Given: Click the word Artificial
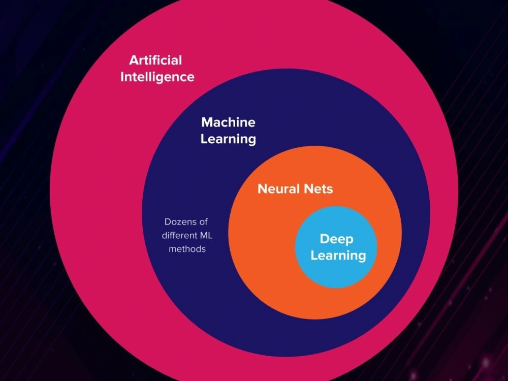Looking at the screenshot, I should coord(155,60).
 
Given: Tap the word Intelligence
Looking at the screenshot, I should coord(157,77).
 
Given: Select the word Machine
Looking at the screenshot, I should coord(228,122).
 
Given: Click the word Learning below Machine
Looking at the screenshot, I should coord(228,139).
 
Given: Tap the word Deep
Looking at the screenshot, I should coord(336,239).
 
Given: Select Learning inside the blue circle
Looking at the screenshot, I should coord(338,255).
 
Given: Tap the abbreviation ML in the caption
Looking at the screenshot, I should coord(201,236).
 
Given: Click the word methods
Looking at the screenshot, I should coord(187,249).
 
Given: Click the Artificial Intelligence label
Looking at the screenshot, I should coord(156,69).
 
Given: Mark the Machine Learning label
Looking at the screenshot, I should coord(228,131).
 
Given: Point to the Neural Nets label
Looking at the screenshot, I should coord(295,189).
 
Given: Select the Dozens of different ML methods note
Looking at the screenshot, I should coord(185,236).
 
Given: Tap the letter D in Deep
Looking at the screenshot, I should coord(324,239).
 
